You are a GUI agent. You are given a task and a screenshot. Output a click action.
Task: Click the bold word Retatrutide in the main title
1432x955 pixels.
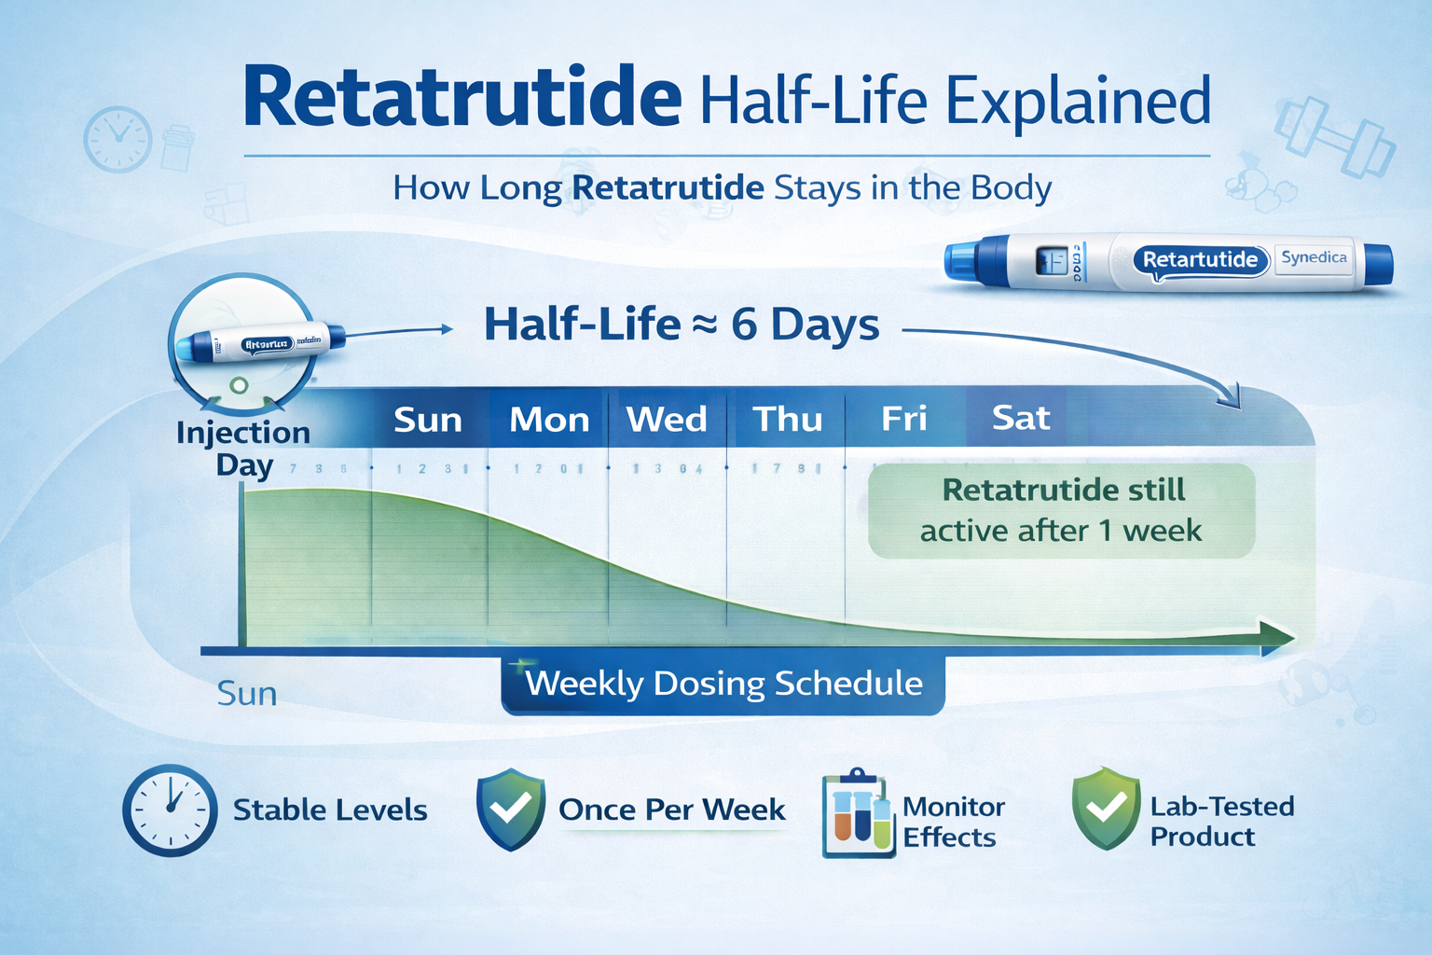461,98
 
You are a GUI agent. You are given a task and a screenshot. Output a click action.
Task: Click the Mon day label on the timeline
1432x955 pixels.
549,420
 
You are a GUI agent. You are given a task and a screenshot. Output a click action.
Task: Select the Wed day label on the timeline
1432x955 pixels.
667,420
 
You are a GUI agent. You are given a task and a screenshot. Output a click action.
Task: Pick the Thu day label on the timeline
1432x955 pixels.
787,420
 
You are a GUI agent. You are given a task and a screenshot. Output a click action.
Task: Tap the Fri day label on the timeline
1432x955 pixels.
903,419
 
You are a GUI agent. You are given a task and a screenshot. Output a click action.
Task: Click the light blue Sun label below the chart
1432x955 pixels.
246,694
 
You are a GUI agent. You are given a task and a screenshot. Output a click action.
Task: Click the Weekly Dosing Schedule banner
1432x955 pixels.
723,684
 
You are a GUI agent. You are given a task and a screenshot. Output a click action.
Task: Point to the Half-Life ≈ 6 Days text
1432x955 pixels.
682,325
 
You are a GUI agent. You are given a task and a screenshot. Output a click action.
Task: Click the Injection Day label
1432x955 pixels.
243,449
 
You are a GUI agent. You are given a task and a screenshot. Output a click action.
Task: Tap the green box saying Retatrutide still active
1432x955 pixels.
1062,511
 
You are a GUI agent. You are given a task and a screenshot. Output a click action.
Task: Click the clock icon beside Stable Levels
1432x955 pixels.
170,810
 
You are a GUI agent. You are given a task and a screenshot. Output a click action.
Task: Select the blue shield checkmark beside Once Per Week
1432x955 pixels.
510,809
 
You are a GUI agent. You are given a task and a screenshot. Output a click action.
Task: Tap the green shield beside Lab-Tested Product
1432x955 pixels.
1106,809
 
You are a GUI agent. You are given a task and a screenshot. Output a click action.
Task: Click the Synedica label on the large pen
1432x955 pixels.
1313,257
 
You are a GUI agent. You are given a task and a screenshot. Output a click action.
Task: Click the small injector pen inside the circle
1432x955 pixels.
261,343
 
